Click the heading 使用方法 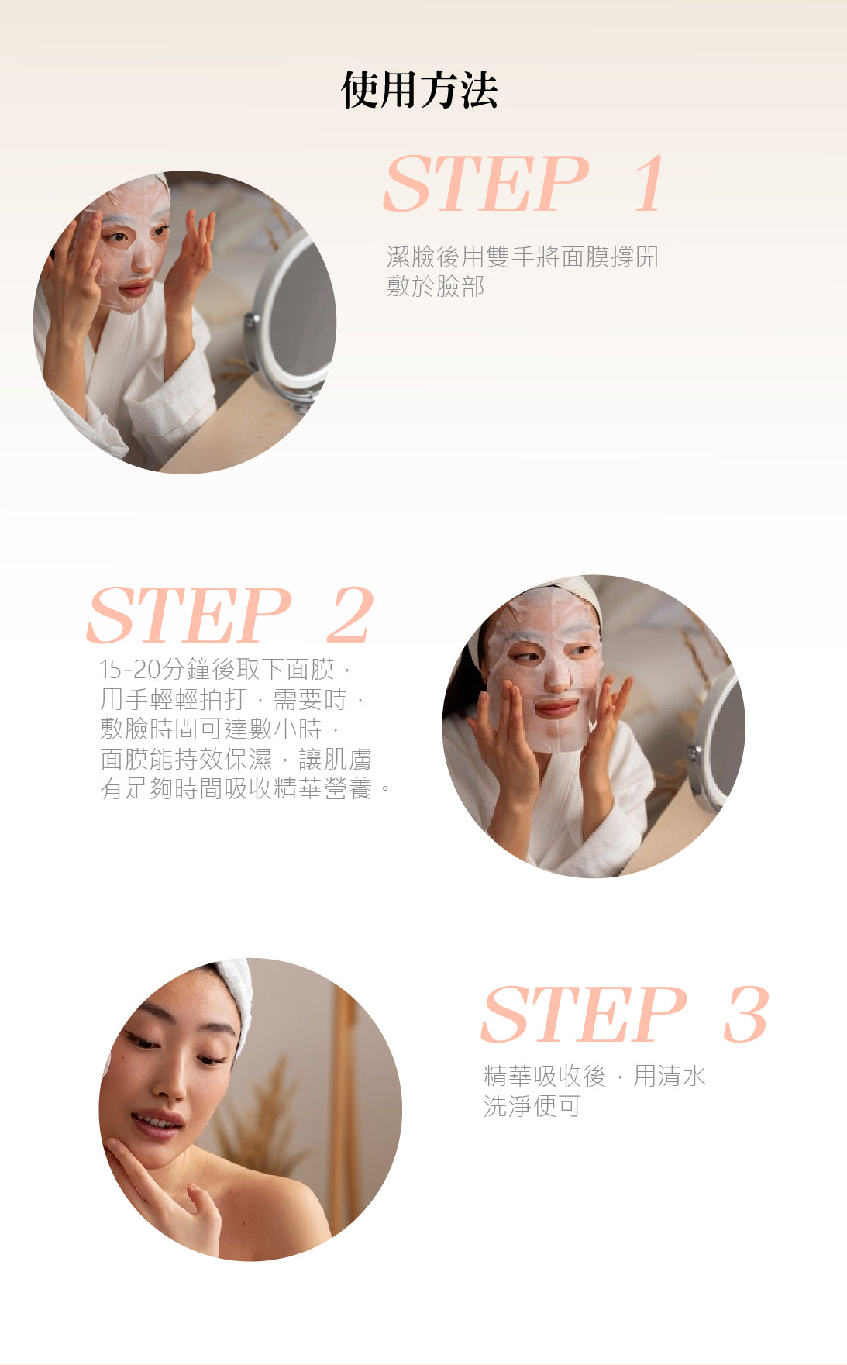pos(419,90)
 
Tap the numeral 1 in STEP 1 pos(649,183)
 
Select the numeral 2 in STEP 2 pos(350,615)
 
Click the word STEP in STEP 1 pos(487,183)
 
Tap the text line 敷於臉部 pos(436,286)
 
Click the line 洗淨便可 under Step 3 pos(532,1106)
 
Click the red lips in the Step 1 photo pos(135,288)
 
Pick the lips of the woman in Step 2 pos(556,707)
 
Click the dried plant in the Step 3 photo pos(262,1116)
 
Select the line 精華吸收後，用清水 pos(594,1076)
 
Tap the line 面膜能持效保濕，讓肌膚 pos(236,758)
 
